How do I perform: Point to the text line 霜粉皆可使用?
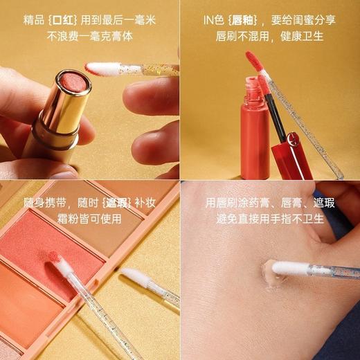click(x=90, y=219)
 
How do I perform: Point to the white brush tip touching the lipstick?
click(x=102, y=68)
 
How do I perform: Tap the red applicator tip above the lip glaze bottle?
click(x=255, y=61)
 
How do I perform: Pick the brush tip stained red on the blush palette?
click(x=54, y=257)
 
